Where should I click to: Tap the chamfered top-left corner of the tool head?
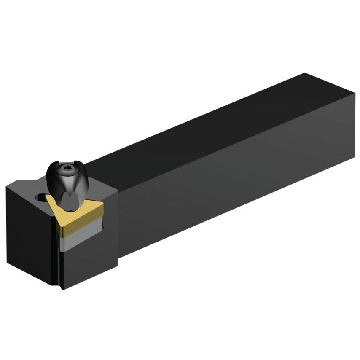(17, 184)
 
